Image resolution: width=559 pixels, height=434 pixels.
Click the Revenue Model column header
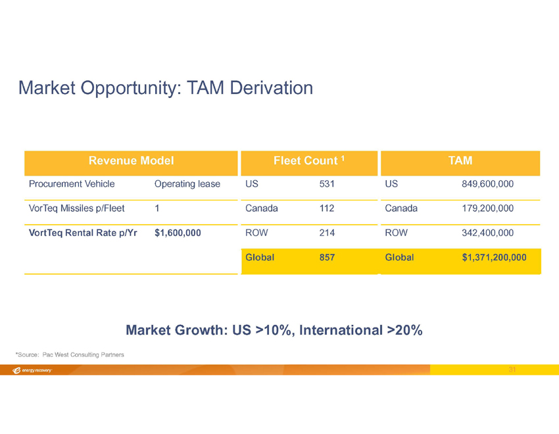coord(131,160)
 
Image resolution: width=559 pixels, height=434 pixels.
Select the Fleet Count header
coord(308,160)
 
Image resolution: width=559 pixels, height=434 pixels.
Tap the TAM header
coord(460,160)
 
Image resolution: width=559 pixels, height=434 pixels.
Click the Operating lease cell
coord(187,184)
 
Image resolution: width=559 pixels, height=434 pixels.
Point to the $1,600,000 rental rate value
coord(178,233)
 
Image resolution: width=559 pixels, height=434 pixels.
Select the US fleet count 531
coord(327,184)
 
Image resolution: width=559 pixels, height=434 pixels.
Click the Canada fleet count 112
coord(327,208)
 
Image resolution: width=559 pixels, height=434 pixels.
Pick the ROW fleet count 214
coord(327,233)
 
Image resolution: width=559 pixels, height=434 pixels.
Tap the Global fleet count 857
coord(327,258)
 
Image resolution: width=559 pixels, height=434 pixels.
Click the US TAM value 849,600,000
coord(488,184)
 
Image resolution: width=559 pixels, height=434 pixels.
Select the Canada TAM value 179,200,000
coord(488,208)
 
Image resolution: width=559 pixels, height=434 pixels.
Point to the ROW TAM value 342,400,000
coord(488,233)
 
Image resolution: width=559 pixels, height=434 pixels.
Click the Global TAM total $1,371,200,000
coord(494,258)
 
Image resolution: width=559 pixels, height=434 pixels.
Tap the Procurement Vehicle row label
coord(72,184)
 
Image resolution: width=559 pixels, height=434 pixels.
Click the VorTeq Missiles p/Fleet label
coord(77,208)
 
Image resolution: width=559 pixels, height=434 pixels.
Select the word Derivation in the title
coord(272,87)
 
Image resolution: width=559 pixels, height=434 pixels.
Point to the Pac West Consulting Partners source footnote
coord(70,355)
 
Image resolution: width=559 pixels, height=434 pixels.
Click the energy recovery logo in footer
coord(32,370)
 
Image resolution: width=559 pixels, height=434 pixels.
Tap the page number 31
coord(512,370)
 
